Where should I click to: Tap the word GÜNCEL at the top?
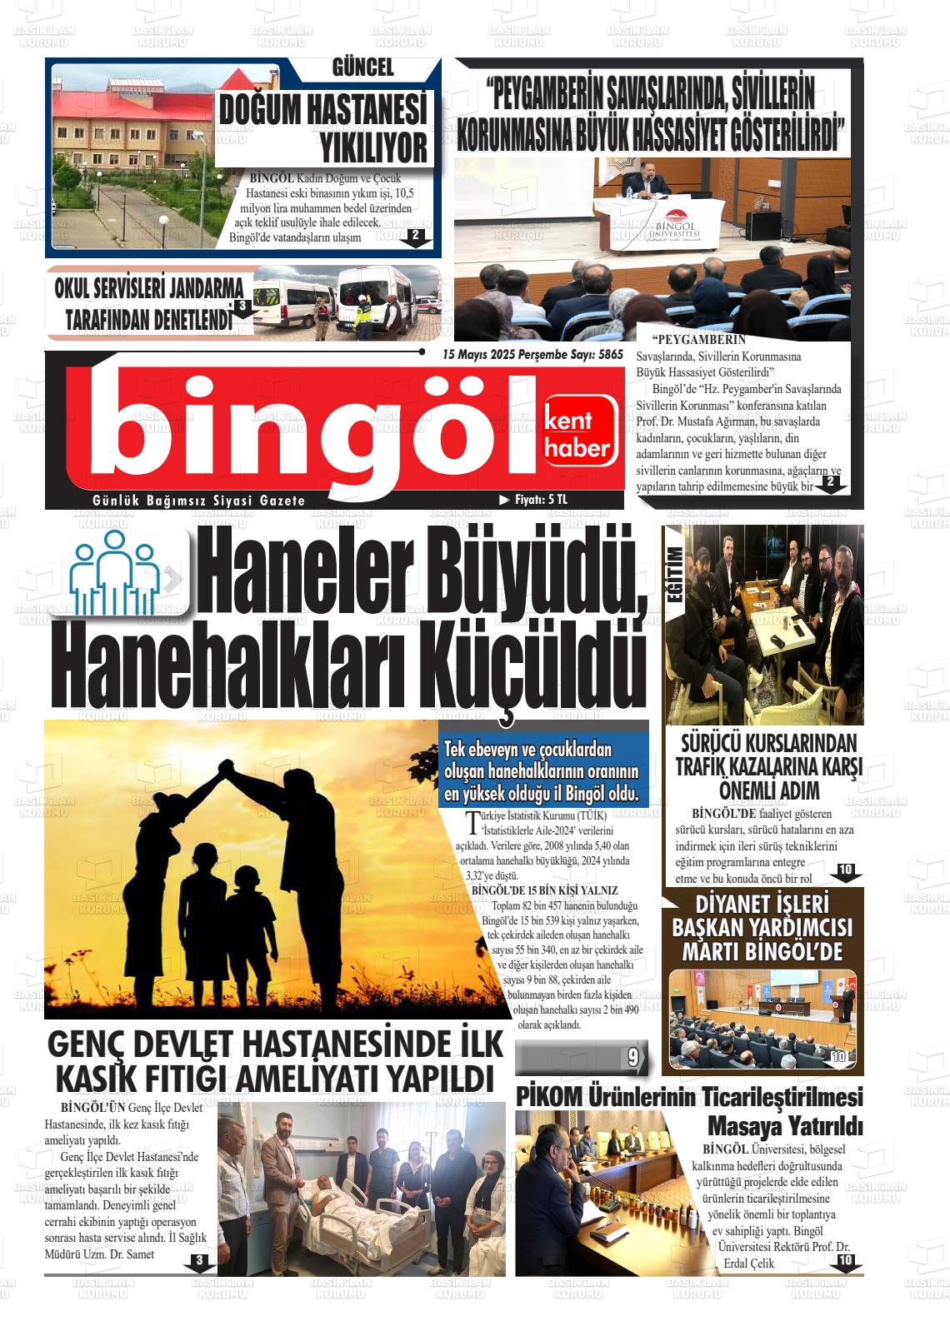[x=362, y=68]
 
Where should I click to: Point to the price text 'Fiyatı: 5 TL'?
[x=540, y=500]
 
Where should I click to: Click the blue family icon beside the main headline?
[x=115, y=572]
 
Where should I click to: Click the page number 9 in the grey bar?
[x=632, y=1059]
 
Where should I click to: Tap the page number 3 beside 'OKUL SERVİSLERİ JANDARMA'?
[x=241, y=307]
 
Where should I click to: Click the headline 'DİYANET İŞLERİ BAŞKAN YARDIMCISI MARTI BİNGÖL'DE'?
[x=762, y=927]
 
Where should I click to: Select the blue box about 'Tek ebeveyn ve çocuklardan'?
[x=542, y=771]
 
